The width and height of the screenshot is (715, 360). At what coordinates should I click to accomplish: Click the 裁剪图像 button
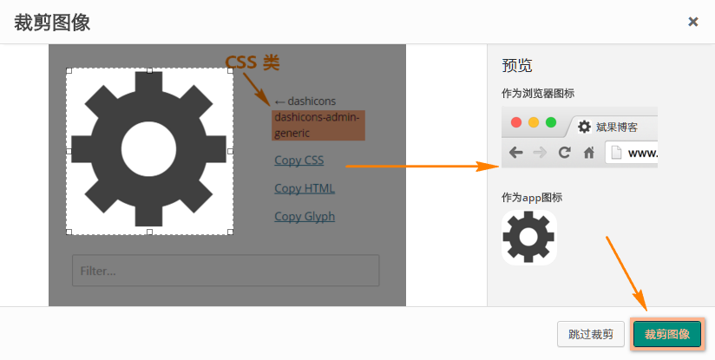[667, 334]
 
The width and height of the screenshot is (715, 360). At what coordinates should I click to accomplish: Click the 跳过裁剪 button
[591, 334]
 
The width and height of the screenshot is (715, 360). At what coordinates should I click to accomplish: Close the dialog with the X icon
[693, 22]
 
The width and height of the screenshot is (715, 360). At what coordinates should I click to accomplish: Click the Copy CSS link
[298, 160]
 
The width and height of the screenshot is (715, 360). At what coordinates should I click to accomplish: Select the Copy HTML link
[304, 188]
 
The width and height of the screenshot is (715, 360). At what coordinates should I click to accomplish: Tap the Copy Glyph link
[304, 216]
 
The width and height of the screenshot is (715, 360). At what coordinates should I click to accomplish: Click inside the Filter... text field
[226, 271]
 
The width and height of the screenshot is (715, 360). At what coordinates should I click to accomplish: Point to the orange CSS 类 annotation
[253, 62]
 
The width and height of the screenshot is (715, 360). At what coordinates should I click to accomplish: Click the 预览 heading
[517, 65]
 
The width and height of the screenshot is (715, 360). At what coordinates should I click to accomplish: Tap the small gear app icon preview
[529, 238]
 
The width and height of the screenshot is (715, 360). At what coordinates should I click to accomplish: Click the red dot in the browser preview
[516, 122]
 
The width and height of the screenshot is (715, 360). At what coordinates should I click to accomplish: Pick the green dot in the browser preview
[551, 122]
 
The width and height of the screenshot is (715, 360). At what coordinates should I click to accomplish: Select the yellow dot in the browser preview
[534, 122]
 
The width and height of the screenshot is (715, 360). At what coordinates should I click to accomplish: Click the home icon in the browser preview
[588, 153]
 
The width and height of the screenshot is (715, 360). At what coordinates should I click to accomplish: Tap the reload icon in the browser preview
[564, 153]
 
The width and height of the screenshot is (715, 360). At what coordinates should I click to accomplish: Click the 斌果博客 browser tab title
[617, 127]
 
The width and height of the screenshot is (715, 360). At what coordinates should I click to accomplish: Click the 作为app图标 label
[532, 197]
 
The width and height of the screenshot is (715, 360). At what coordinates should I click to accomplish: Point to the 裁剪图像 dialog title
[52, 23]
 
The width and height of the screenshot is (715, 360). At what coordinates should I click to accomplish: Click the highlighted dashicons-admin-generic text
[317, 125]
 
